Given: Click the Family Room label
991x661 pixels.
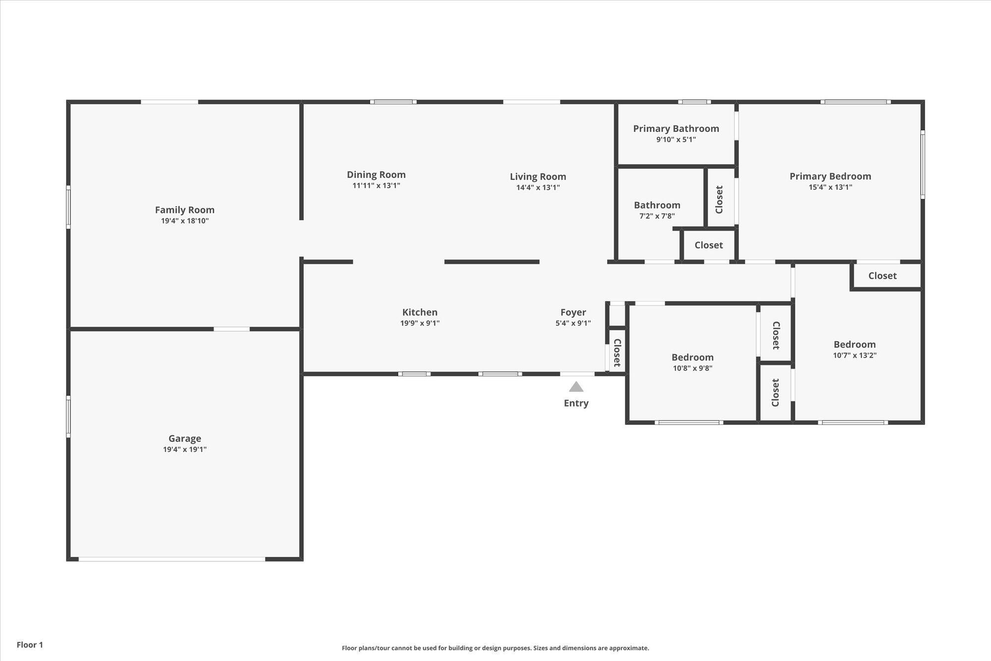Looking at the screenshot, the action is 184,210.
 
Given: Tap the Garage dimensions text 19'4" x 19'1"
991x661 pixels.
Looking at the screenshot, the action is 185,449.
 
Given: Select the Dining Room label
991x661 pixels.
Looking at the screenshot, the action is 376,175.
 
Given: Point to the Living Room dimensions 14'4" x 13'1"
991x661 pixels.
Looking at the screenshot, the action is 538,187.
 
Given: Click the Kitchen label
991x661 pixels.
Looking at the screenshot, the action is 420,312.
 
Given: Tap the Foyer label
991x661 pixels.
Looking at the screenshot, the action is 573,312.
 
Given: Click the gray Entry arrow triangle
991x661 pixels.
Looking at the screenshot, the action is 576,387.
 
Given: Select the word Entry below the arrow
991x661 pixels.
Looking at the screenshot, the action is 576,403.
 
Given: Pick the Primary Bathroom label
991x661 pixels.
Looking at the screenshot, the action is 676,128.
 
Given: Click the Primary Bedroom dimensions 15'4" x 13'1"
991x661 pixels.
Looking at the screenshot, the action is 830,187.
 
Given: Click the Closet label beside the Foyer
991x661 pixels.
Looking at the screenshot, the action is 617,353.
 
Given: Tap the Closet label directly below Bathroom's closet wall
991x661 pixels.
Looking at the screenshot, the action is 709,245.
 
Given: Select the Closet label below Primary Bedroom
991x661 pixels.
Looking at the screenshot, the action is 882,276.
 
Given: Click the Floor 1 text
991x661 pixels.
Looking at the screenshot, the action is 30,645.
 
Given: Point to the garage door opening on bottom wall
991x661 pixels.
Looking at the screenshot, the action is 172,559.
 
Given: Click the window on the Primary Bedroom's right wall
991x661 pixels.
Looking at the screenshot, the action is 923,165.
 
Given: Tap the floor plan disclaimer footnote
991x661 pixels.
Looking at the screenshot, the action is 495,648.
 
